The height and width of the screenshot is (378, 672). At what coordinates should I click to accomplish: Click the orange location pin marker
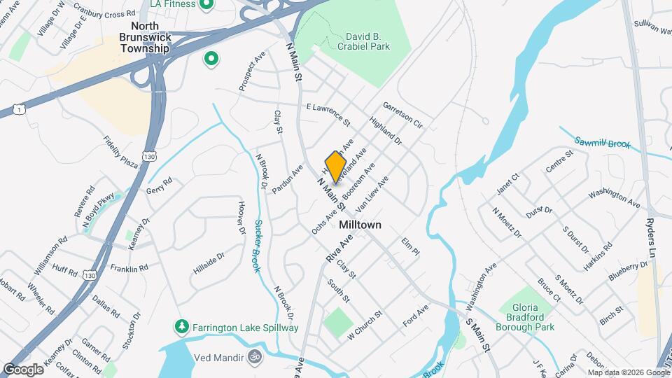click(x=336, y=167)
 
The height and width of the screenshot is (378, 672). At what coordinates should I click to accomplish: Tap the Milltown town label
click(x=360, y=225)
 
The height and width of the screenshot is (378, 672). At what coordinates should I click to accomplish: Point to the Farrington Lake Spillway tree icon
click(x=181, y=327)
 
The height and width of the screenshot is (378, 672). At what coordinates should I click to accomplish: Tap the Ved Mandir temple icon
click(x=253, y=357)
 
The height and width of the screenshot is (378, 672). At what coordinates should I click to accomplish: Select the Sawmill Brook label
click(x=602, y=143)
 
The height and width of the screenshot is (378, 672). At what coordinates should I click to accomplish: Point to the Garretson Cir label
click(x=403, y=116)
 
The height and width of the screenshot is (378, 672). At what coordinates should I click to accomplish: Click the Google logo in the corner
click(x=23, y=369)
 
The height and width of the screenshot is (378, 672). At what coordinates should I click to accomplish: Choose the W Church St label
click(x=366, y=323)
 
